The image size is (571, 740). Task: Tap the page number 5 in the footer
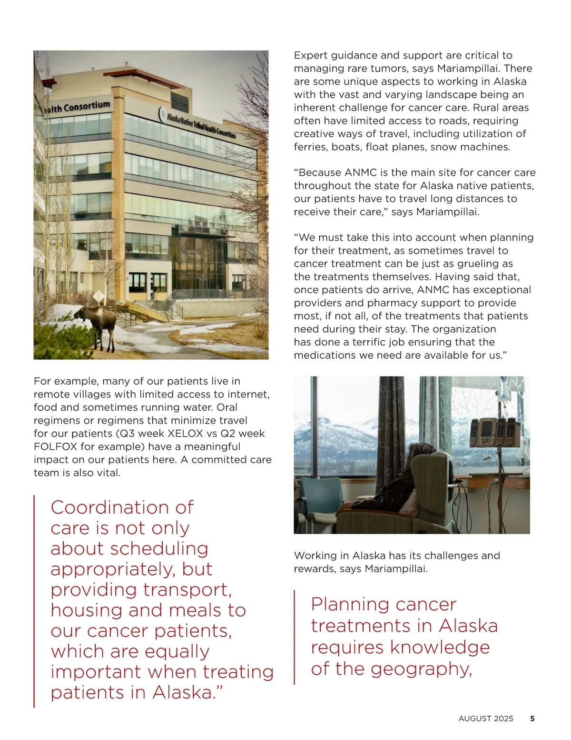point(532,719)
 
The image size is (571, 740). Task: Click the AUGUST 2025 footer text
point(486,719)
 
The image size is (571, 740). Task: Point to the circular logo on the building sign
point(162,113)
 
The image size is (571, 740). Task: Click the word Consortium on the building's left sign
point(87,106)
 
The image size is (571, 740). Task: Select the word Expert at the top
point(310,55)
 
